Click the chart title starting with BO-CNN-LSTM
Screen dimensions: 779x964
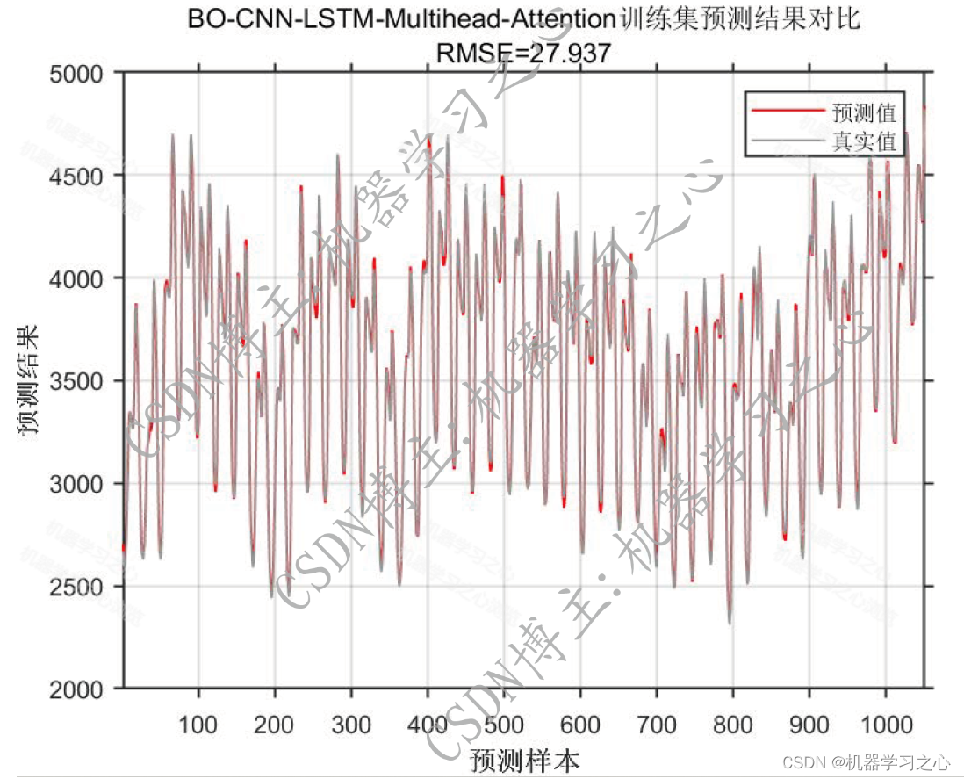point(523,20)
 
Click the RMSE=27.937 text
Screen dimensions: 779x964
point(523,54)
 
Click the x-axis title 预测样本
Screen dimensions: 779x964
point(524,758)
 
